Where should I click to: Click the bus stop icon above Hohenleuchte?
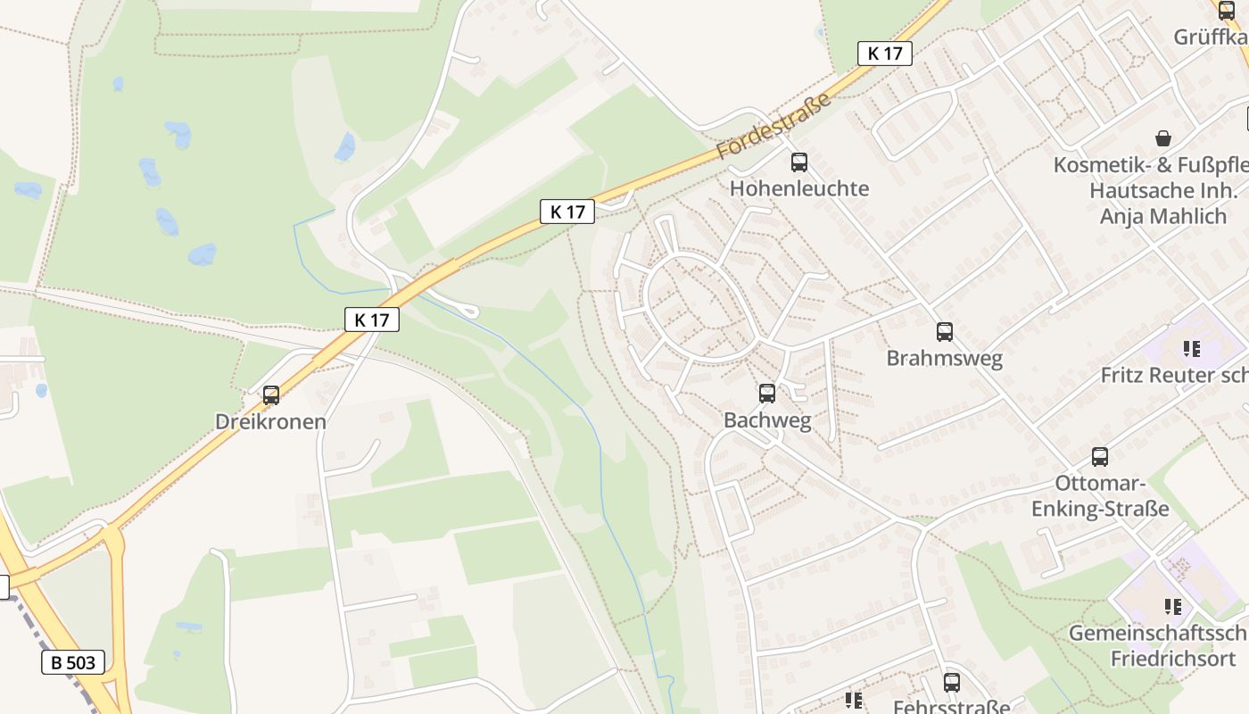tap(799, 162)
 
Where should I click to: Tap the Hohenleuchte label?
tap(799, 188)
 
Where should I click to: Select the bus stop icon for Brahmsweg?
tap(945, 332)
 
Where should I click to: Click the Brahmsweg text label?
tap(944, 359)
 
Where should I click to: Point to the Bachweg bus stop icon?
tap(767, 394)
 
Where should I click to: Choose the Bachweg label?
tap(767, 420)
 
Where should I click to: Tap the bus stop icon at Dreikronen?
tap(271, 394)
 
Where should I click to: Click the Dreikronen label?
tap(270, 421)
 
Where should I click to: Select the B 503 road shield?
tap(73, 662)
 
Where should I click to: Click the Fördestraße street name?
tap(773, 125)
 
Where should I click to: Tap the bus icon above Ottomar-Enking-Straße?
tap(1100, 457)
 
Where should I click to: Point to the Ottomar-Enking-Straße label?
tap(1100, 496)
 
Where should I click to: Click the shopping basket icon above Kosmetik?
tap(1163, 138)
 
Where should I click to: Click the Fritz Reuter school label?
tap(1174, 375)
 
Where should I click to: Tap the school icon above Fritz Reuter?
tap(1192, 348)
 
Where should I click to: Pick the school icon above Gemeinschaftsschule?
tap(1173, 607)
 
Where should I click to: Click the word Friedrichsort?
tap(1173, 659)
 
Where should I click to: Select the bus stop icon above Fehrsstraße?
tap(952, 683)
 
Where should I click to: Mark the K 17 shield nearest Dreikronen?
tap(372, 320)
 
